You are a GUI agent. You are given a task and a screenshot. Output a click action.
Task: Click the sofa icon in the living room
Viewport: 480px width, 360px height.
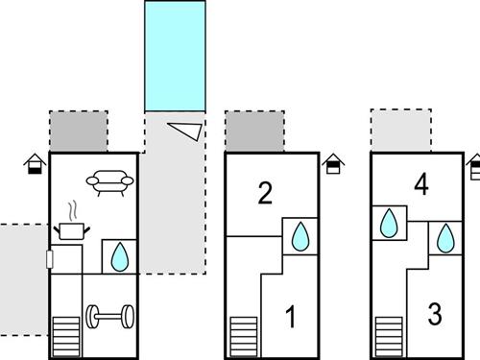click(x=109, y=182)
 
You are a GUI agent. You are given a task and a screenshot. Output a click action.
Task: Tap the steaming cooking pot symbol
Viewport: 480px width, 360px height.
click(x=72, y=224)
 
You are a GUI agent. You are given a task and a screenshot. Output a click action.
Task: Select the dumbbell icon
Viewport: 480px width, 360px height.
click(x=110, y=317)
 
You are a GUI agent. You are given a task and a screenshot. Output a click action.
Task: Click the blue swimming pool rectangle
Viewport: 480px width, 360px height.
click(x=175, y=56)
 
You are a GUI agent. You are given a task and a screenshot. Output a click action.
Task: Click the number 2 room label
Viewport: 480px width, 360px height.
click(x=265, y=193)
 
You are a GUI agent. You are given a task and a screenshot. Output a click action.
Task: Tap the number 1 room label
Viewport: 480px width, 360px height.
click(x=291, y=317)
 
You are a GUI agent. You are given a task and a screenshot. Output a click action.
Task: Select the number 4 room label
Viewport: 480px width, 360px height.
click(x=421, y=185)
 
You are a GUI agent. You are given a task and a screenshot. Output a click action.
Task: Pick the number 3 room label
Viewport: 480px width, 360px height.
click(x=435, y=314)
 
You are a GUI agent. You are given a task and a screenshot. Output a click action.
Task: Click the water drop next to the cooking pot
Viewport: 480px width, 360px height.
click(x=120, y=256)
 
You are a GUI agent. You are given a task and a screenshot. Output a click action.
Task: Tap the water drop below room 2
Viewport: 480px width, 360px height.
click(x=300, y=236)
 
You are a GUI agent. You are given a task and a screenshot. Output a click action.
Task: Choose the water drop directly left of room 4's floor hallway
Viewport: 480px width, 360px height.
click(x=389, y=223)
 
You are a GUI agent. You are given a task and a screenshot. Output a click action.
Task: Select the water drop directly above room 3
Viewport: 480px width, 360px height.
click(x=445, y=238)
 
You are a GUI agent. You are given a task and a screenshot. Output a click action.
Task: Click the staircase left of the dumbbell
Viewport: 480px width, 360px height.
click(x=66, y=336)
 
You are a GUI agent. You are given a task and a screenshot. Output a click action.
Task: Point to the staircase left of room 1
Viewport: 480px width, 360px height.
click(x=244, y=336)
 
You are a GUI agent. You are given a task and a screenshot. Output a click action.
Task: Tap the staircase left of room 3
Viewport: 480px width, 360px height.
click(x=389, y=336)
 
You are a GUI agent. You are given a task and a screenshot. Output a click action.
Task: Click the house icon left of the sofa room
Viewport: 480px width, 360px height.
click(x=35, y=164)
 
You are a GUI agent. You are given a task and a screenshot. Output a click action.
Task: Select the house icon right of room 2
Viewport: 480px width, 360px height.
click(x=333, y=164)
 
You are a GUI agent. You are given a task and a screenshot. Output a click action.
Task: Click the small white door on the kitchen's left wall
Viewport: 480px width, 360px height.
click(x=50, y=259)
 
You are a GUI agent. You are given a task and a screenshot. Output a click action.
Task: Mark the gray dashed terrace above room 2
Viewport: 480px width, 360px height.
click(x=254, y=132)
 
